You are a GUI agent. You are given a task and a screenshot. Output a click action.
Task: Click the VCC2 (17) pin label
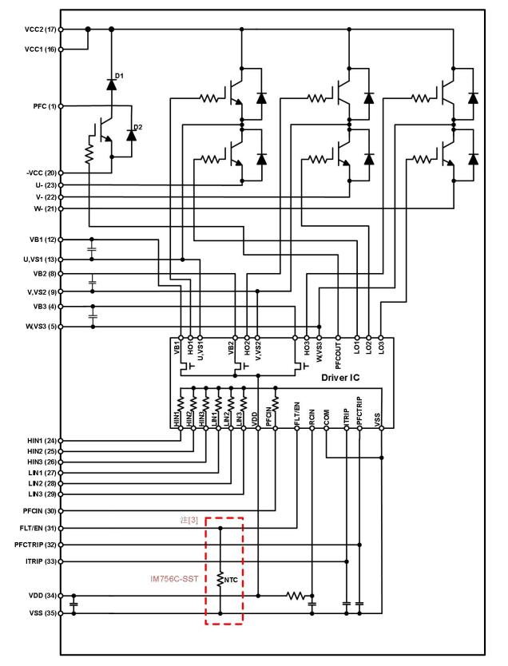pos(40,30)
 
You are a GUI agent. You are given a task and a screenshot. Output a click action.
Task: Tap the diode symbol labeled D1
pos(111,82)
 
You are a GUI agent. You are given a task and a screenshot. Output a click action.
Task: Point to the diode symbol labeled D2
pos(131,134)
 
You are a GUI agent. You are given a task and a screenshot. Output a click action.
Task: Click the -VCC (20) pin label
pos(40,173)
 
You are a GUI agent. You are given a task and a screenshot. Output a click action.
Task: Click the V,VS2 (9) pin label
pos(40,291)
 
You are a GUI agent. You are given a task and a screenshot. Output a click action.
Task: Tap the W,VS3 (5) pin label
pos(40,326)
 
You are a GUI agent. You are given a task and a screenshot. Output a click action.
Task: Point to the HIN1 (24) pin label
pos(42,441)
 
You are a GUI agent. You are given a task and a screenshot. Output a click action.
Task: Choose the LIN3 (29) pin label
pos(42,495)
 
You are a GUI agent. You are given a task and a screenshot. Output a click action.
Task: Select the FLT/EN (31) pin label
pos(39,528)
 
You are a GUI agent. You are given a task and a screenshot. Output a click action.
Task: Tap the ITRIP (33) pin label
pos(41,561)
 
